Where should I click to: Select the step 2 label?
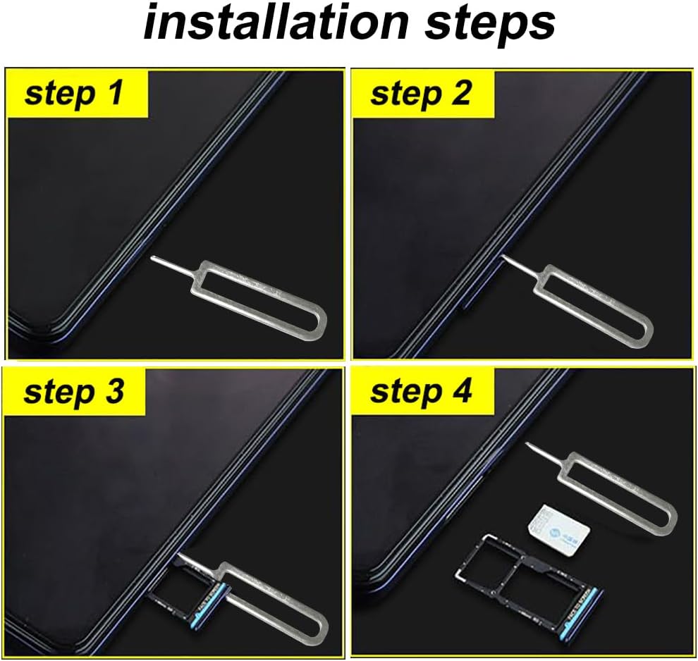tap(421, 93)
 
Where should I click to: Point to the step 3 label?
tap(75, 391)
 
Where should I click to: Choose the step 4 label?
tap(421, 391)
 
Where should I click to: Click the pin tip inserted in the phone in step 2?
tap(503, 259)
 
